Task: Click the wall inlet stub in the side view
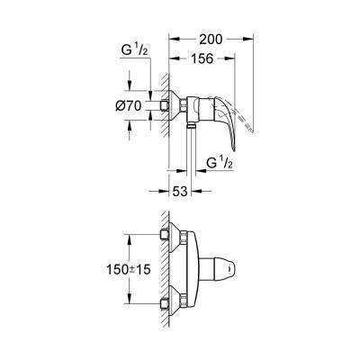coord(168,109)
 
